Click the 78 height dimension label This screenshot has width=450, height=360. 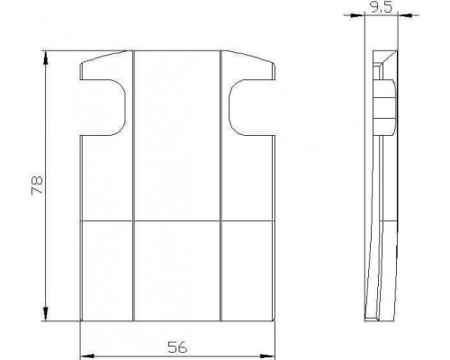(x=37, y=186)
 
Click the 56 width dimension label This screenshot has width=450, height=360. (x=177, y=347)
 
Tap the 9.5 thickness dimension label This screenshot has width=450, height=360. (x=381, y=7)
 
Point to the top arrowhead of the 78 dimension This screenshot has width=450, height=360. (x=46, y=58)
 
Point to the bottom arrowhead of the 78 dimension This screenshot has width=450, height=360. (x=46, y=314)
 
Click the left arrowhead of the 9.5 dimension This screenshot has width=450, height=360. (x=357, y=15)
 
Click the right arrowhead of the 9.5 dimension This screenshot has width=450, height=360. (x=405, y=15)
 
